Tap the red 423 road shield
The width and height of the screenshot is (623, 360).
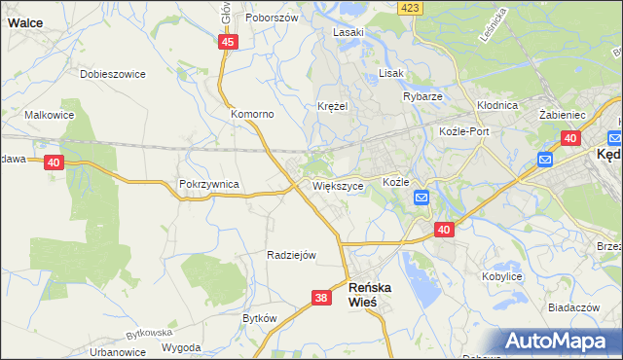pyautogui.click(x=410, y=8)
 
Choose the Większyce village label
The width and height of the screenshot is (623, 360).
pyautogui.click(x=338, y=185)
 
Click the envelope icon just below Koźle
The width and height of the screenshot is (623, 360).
pyautogui.click(x=421, y=198)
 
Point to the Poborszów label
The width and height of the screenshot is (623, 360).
pyautogui.click(x=270, y=18)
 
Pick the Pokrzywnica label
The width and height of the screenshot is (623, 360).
pyautogui.click(x=209, y=183)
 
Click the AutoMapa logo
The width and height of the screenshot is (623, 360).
pyautogui.click(x=562, y=342)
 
